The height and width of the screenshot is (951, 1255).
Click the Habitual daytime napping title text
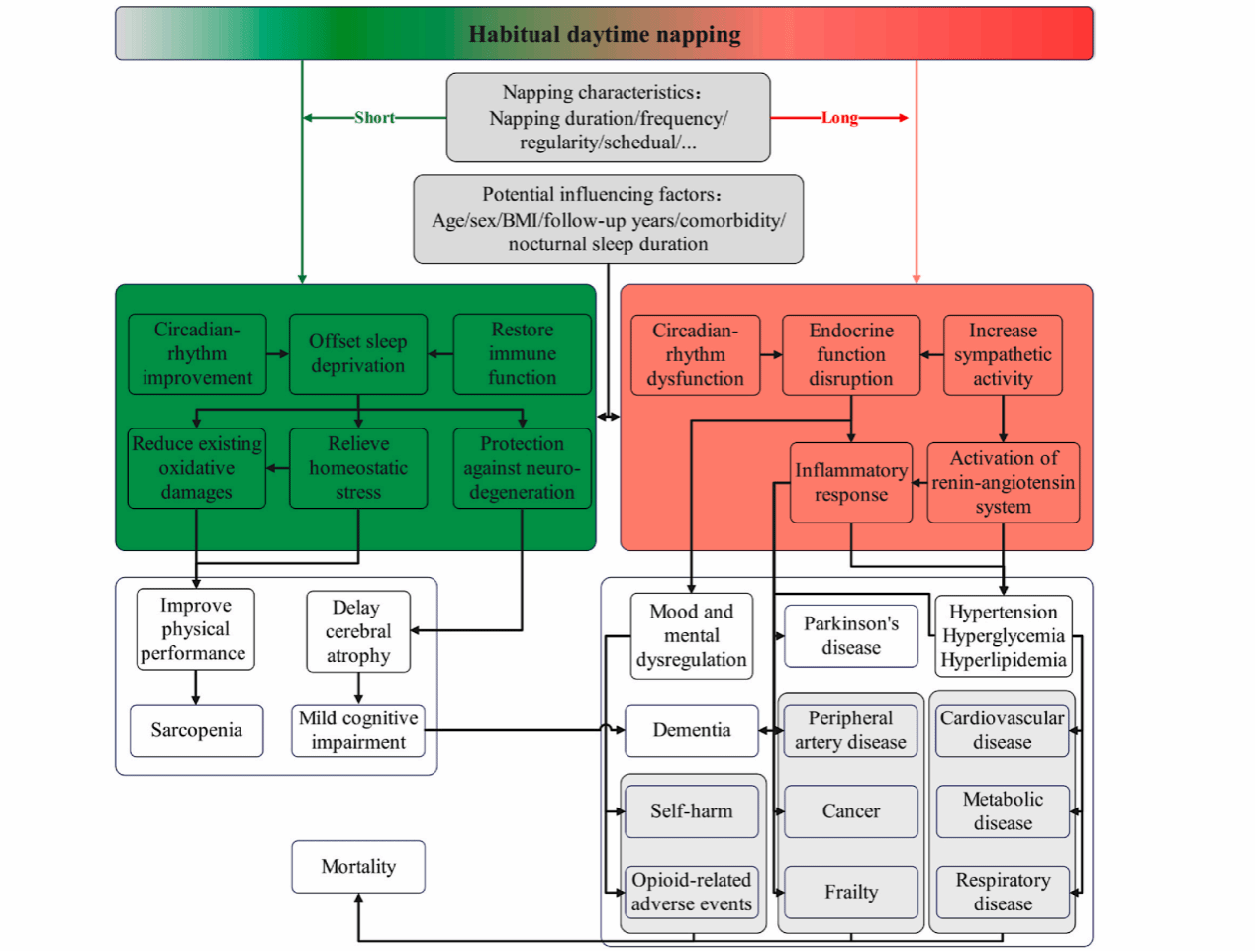604,35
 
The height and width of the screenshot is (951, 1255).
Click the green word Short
374,118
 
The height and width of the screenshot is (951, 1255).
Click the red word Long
839,118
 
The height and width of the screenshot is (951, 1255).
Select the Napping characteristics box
608,118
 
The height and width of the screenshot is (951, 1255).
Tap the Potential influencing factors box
608,220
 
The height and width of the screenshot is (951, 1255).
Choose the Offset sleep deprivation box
358,354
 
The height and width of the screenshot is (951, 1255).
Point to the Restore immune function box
522,354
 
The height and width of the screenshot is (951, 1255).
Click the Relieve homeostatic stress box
358,468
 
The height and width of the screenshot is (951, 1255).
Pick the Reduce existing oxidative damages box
197,468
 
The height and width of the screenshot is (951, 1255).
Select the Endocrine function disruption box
851,355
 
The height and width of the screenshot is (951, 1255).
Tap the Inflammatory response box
851,483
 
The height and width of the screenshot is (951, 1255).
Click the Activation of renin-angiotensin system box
1003,483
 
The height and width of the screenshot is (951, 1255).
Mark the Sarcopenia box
196,730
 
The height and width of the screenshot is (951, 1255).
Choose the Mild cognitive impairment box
358,730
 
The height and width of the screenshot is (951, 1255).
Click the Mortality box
358,867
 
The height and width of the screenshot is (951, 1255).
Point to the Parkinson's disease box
851,636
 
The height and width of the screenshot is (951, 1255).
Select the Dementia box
692,730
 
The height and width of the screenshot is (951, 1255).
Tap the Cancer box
851,811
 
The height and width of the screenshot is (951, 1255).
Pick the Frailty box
851,893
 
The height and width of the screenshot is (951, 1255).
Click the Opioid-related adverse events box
692,893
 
